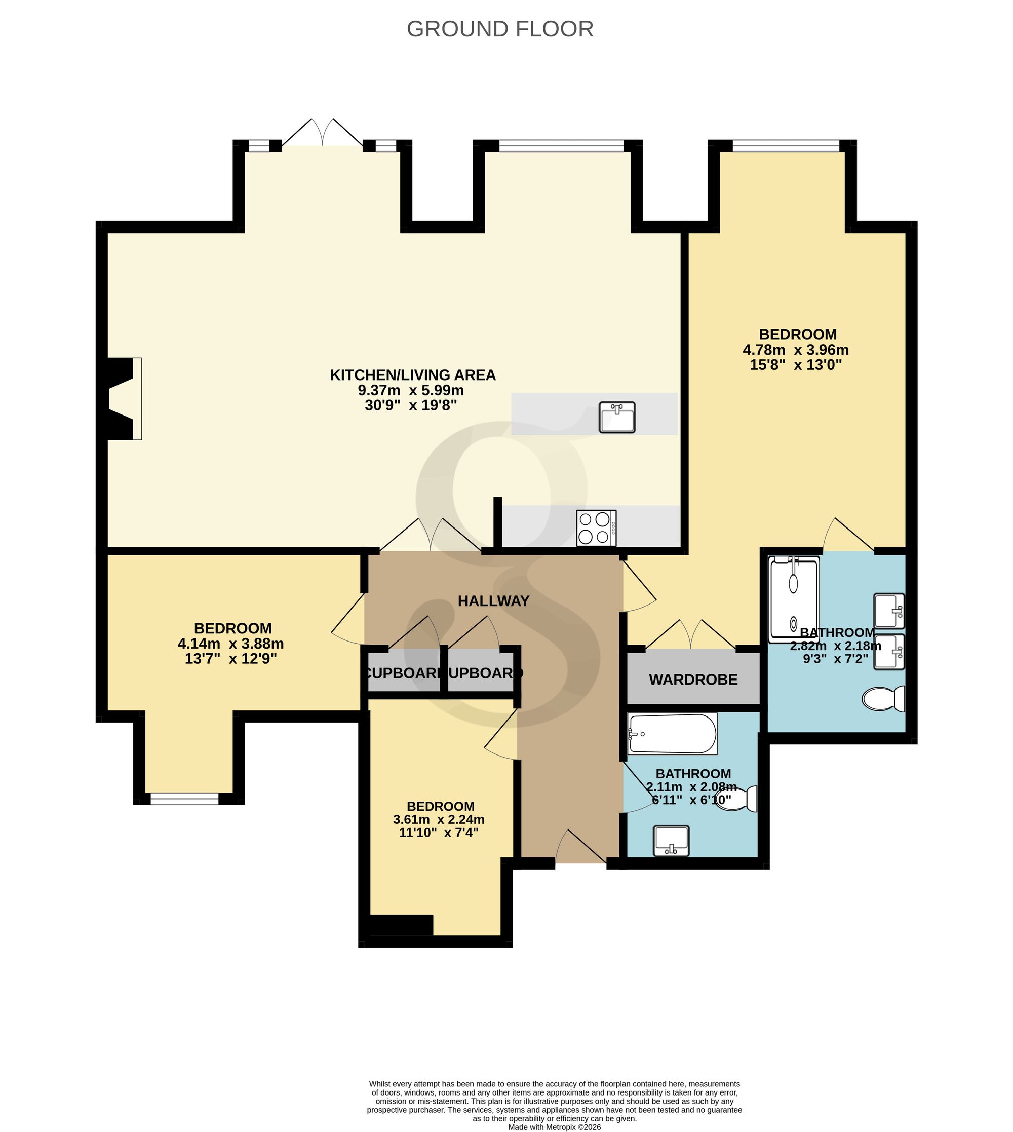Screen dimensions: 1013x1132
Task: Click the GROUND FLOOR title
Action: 500,29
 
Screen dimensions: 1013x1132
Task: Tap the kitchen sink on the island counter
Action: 617,417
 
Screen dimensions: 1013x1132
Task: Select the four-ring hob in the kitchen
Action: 596,528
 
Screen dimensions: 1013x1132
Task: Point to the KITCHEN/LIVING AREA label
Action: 412,375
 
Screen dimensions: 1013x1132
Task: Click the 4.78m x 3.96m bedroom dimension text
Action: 795,350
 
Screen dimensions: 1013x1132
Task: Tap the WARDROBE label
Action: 693,680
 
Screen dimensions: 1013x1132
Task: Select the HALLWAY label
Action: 493,601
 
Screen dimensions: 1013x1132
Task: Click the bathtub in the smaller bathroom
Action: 672,734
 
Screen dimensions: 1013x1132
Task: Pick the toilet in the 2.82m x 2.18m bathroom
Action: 883,699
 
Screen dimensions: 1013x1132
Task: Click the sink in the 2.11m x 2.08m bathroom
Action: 672,841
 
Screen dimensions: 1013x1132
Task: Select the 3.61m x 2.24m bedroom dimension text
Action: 439,820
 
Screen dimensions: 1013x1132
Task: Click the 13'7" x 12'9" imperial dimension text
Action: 230,659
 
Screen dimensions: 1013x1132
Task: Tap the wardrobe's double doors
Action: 690,634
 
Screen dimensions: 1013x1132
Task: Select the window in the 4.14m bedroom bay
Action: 184,799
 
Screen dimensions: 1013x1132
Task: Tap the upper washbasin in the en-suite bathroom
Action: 889,611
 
